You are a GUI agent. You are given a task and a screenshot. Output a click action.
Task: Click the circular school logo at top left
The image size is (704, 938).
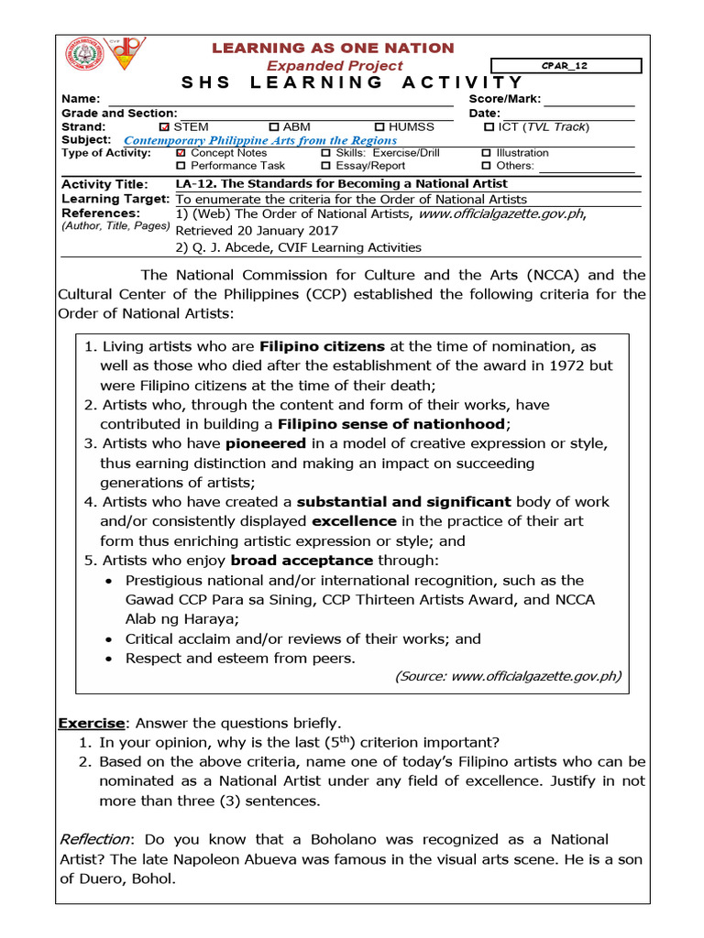click(84, 56)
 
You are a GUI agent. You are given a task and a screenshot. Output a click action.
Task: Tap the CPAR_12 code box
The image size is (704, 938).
click(566, 66)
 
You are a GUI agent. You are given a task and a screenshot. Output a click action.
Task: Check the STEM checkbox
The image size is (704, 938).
click(164, 127)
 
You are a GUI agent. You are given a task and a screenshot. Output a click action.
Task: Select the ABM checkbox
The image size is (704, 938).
click(273, 127)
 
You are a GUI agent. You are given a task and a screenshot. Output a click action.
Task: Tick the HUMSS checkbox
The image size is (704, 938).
click(379, 127)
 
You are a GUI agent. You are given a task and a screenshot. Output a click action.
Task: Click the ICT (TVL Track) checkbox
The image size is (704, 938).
click(489, 127)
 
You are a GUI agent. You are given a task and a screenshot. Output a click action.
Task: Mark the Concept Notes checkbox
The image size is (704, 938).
click(181, 153)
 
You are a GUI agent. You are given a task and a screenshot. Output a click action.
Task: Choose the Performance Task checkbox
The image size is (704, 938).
click(181, 166)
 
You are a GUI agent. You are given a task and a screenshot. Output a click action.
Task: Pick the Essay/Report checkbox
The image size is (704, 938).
click(326, 166)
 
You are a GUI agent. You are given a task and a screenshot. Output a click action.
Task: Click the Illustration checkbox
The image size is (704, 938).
click(487, 153)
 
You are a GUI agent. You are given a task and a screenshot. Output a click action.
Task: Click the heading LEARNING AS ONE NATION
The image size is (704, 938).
click(334, 48)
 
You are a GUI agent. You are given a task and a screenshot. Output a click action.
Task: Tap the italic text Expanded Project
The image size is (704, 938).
click(335, 66)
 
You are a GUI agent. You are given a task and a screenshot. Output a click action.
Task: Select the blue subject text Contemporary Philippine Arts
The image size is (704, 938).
click(260, 141)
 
